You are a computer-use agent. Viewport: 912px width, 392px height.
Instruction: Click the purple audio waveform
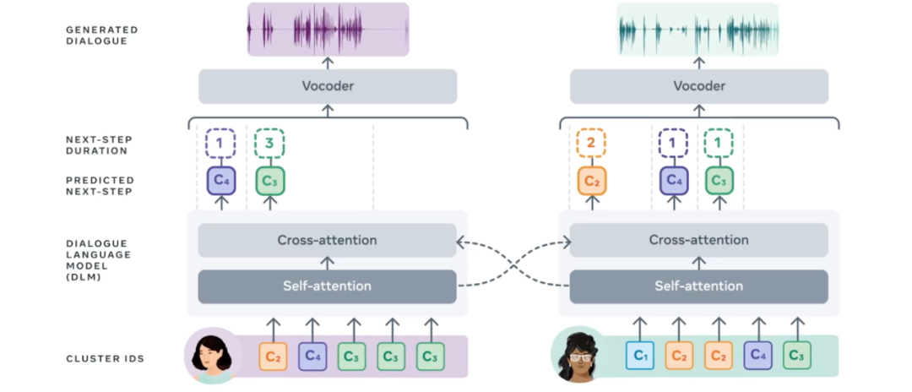click(x=328, y=29)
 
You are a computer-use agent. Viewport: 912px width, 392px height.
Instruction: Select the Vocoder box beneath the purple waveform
click(x=328, y=86)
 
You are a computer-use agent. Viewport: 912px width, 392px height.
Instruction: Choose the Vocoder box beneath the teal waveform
click(x=699, y=86)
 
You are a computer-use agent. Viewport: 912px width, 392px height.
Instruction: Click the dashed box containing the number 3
click(x=269, y=144)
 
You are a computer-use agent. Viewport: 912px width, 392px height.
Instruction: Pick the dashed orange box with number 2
click(x=591, y=144)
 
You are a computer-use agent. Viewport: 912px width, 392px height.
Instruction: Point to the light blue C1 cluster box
click(x=639, y=357)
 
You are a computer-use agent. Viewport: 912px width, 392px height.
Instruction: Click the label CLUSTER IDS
click(x=105, y=359)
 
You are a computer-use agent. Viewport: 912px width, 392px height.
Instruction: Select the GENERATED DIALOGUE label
click(x=101, y=35)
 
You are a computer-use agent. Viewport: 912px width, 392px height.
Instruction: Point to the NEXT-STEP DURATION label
click(x=99, y=145)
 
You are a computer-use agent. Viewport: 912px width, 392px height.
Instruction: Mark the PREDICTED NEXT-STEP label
click(x=100, y=186)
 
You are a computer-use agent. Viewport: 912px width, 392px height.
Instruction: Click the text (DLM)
click(x=84, y=276)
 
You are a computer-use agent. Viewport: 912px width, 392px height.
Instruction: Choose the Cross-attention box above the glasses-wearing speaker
click(x=699, y=241)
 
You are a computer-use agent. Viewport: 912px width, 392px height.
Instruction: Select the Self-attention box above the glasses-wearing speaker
click(x=699, y=286)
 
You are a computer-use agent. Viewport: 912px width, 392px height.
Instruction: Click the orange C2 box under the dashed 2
click(x=591, y=181)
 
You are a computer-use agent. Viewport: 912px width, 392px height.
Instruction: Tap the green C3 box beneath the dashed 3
click(x=269, y=181)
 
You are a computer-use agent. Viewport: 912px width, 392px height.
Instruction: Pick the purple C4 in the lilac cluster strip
click(x=312, y=357)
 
